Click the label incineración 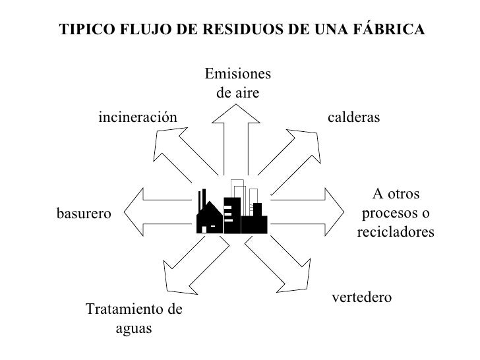(x=138, y=117)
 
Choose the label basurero (x=84, y=213)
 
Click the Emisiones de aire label (x=238, y=82)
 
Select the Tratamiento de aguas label (x=134, y=318)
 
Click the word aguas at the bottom (x=134, y=328)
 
